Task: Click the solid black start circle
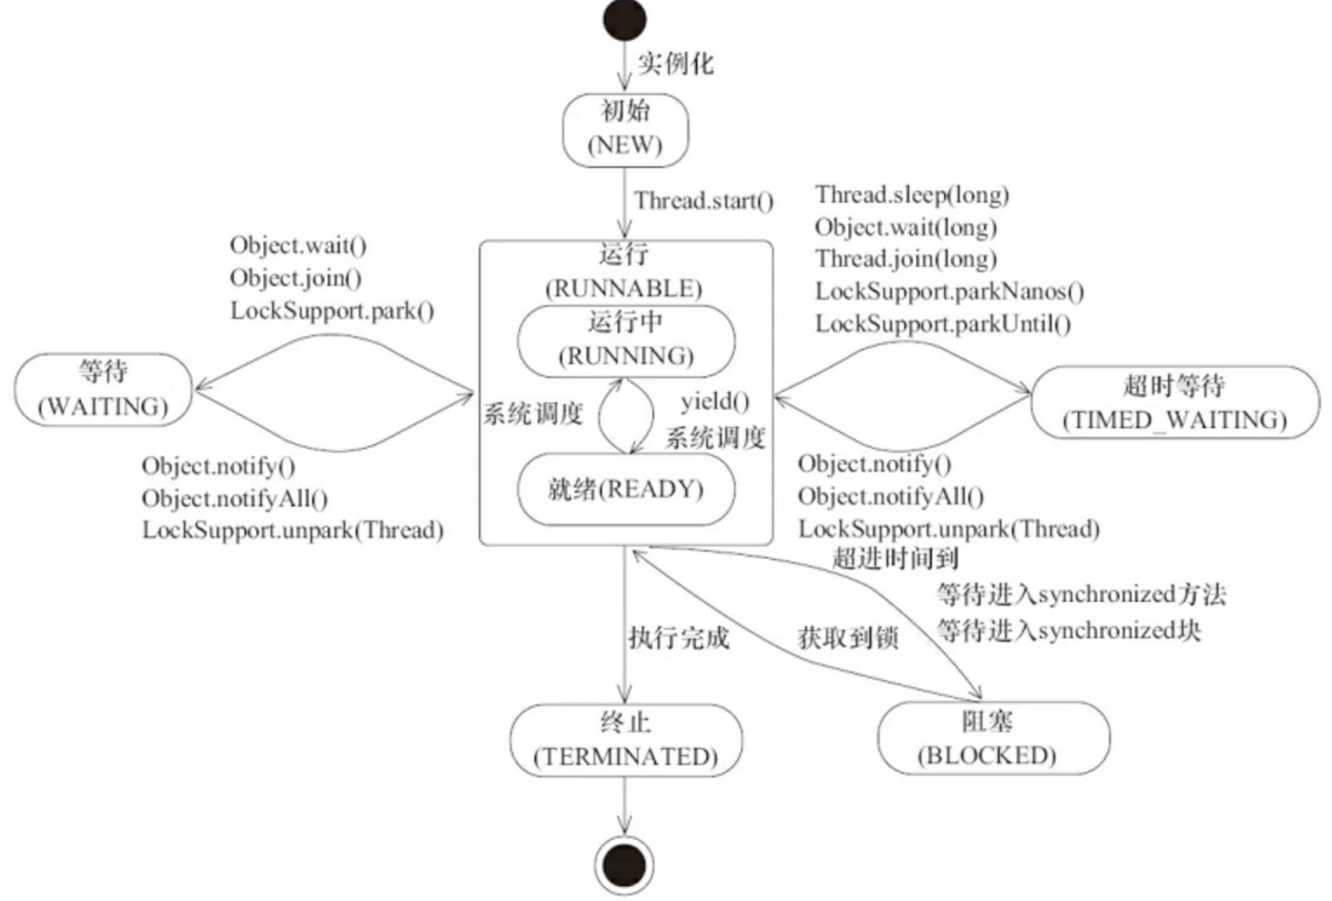pos(624,19)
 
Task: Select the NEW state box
pos(625,130)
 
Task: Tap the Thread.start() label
pos(704,201)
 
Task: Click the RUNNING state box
pos(626,341)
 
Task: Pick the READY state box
pos(626,489)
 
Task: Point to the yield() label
pos(715,402)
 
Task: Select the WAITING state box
pos(103,390)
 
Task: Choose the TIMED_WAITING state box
pos(1174,402)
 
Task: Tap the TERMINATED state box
pos(625,740)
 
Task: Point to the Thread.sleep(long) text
pos(911,195)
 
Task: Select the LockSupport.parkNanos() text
pos(949,291)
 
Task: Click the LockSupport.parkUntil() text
pos(943,324)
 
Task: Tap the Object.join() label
pos(296,278)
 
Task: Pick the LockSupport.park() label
pos(332,311)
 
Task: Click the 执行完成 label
pos(679,637)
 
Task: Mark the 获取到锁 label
pos(847,637)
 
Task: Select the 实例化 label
pos(676,63)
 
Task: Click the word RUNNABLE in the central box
pos(623,288)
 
